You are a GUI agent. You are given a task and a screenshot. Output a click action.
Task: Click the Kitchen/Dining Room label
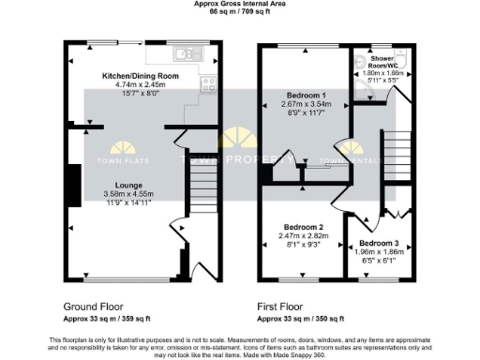tap(140, 75)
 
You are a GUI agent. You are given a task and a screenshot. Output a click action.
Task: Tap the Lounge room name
tap(128, 186)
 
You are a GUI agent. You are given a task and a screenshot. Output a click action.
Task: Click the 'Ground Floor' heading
tap(93, 307)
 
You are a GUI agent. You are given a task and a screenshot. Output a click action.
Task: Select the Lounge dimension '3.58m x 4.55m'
tap(128, 194)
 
